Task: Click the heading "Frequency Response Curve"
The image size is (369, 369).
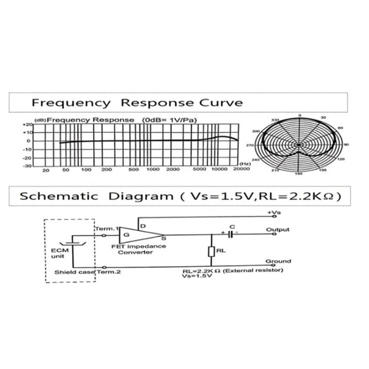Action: pyautogui.click(x=137, y=102)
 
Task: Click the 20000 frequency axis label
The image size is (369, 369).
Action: pyautogui.click(x=240, y=169)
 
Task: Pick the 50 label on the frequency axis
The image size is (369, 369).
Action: pyautogui.click(x=66, y=170)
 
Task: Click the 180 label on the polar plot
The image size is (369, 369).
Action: pyautogui.click(x=299, y=174)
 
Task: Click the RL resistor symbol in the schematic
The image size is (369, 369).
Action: pyautogui.click(x=211, y=251)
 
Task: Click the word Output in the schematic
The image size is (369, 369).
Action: pyautogui.click(x=278, y=229)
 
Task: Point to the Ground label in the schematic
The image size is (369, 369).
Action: pyautogui.click(x=278, y=262)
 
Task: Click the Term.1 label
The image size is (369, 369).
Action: pyautogui.click(x=107, y=229)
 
